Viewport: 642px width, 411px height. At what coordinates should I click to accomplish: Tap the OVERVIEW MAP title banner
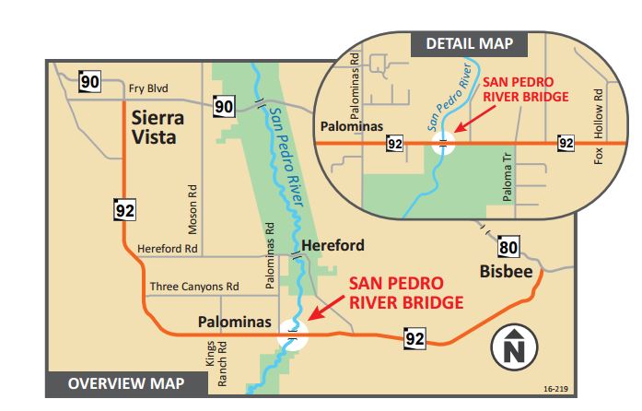[126, 383]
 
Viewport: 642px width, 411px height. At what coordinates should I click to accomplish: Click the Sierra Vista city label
[158, 127]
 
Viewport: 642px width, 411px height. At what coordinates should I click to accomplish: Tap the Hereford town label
[333, 246]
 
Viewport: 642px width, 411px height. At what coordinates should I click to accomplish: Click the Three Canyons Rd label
[194, 287]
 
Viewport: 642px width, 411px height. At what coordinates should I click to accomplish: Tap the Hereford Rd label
[168, 249]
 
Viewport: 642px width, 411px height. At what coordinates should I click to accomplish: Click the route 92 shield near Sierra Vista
[125, 210]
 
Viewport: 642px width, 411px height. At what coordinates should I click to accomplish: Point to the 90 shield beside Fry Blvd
[89, 83]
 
